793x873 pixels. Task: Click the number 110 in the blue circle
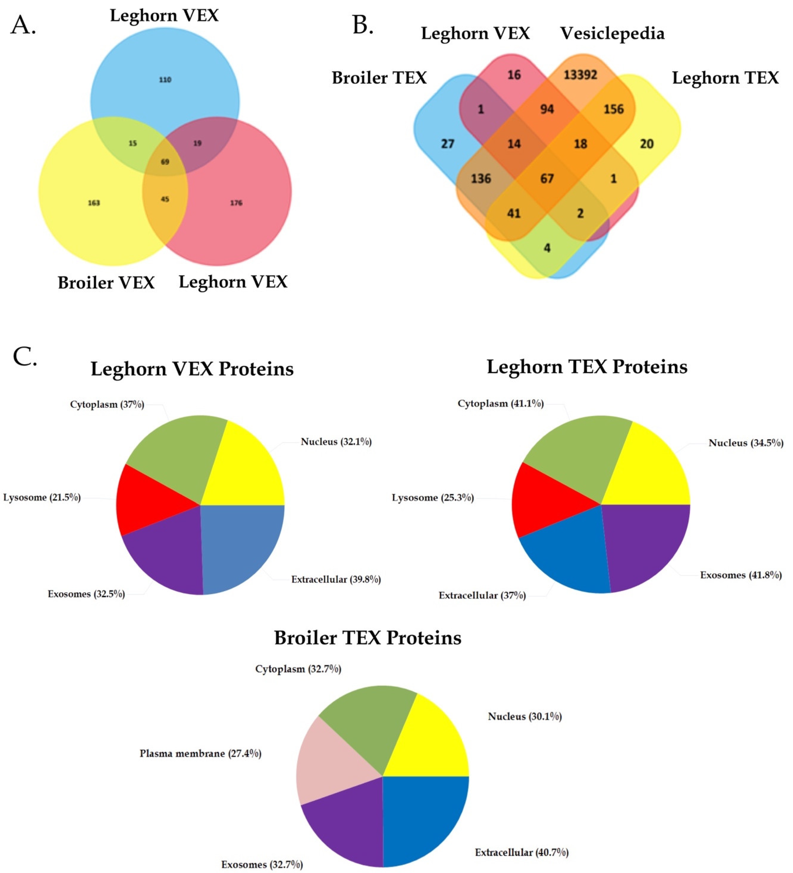(165, 80)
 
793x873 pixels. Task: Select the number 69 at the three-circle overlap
(165, 162)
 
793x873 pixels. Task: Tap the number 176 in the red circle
(236, 203)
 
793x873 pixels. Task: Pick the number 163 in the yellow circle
(94, 203)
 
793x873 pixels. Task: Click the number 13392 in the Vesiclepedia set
(580, 75)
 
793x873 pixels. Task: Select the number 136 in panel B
(481, 178)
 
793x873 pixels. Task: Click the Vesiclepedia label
(612, 33)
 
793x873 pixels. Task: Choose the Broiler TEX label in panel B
(379, 78)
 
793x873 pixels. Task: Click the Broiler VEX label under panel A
(106, 283)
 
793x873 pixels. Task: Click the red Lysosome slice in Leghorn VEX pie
(147, 502)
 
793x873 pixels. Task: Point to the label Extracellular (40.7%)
(522, 852)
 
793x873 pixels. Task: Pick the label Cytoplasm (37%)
(107, 404)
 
